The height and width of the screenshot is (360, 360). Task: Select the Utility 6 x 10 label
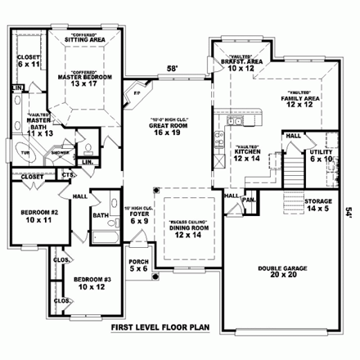[320, 155]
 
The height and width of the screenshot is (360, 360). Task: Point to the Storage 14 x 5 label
[317, 205]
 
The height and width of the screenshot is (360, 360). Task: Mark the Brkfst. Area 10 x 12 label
[237, 65]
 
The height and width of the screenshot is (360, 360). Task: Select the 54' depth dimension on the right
[349, 211]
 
